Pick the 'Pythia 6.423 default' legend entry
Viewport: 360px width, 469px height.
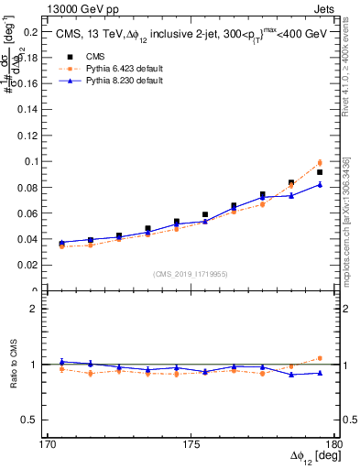tap(115, 68)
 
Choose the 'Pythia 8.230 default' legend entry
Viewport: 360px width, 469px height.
tap(115, 81)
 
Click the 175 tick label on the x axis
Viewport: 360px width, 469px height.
tap(191, 444)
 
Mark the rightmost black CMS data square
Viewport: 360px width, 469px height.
tap(320, 172)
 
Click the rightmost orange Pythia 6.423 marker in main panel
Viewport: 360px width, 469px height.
tap(320, 162)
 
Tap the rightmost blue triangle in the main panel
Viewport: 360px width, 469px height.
tap(320, 184)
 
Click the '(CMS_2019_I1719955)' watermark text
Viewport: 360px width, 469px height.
tap(191, 273)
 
